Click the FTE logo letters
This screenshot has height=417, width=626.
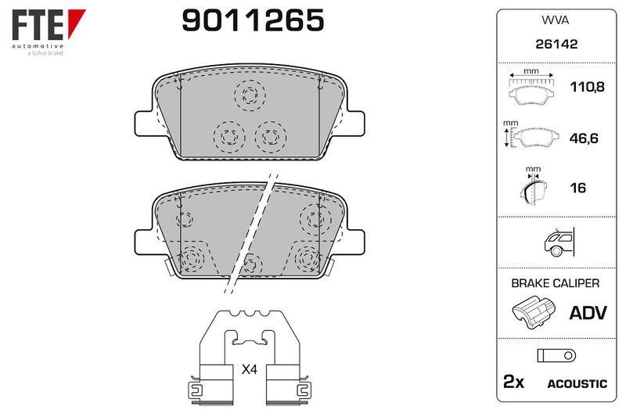tap(38, 25)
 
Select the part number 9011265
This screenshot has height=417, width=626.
tap(253, 21)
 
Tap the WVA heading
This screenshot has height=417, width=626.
tap(556, 20)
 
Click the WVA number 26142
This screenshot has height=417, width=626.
tap(556, 44)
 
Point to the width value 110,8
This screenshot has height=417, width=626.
tap(587, 87)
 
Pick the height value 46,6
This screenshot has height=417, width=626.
tap(584, 138)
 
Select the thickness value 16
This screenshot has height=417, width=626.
tap(578, 188)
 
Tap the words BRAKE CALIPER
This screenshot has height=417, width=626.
tap(556, 283)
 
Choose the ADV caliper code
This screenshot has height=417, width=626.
tap(588, 313)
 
